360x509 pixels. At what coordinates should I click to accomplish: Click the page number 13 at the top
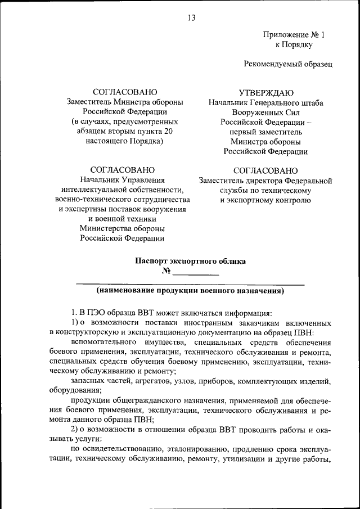(x=191, y=18)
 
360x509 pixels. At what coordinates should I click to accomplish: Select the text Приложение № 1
(x=294, y=35)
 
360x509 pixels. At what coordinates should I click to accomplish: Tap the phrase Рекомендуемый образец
(x=288, y=64)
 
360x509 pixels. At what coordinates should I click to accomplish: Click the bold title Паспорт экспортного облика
(x=190, y=260)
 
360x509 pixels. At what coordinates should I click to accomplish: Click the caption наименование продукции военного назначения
(x=190, y=291)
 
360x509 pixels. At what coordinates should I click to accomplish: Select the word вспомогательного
(x=105, y=343)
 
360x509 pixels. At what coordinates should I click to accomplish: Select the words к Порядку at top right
(x=294, y=44)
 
